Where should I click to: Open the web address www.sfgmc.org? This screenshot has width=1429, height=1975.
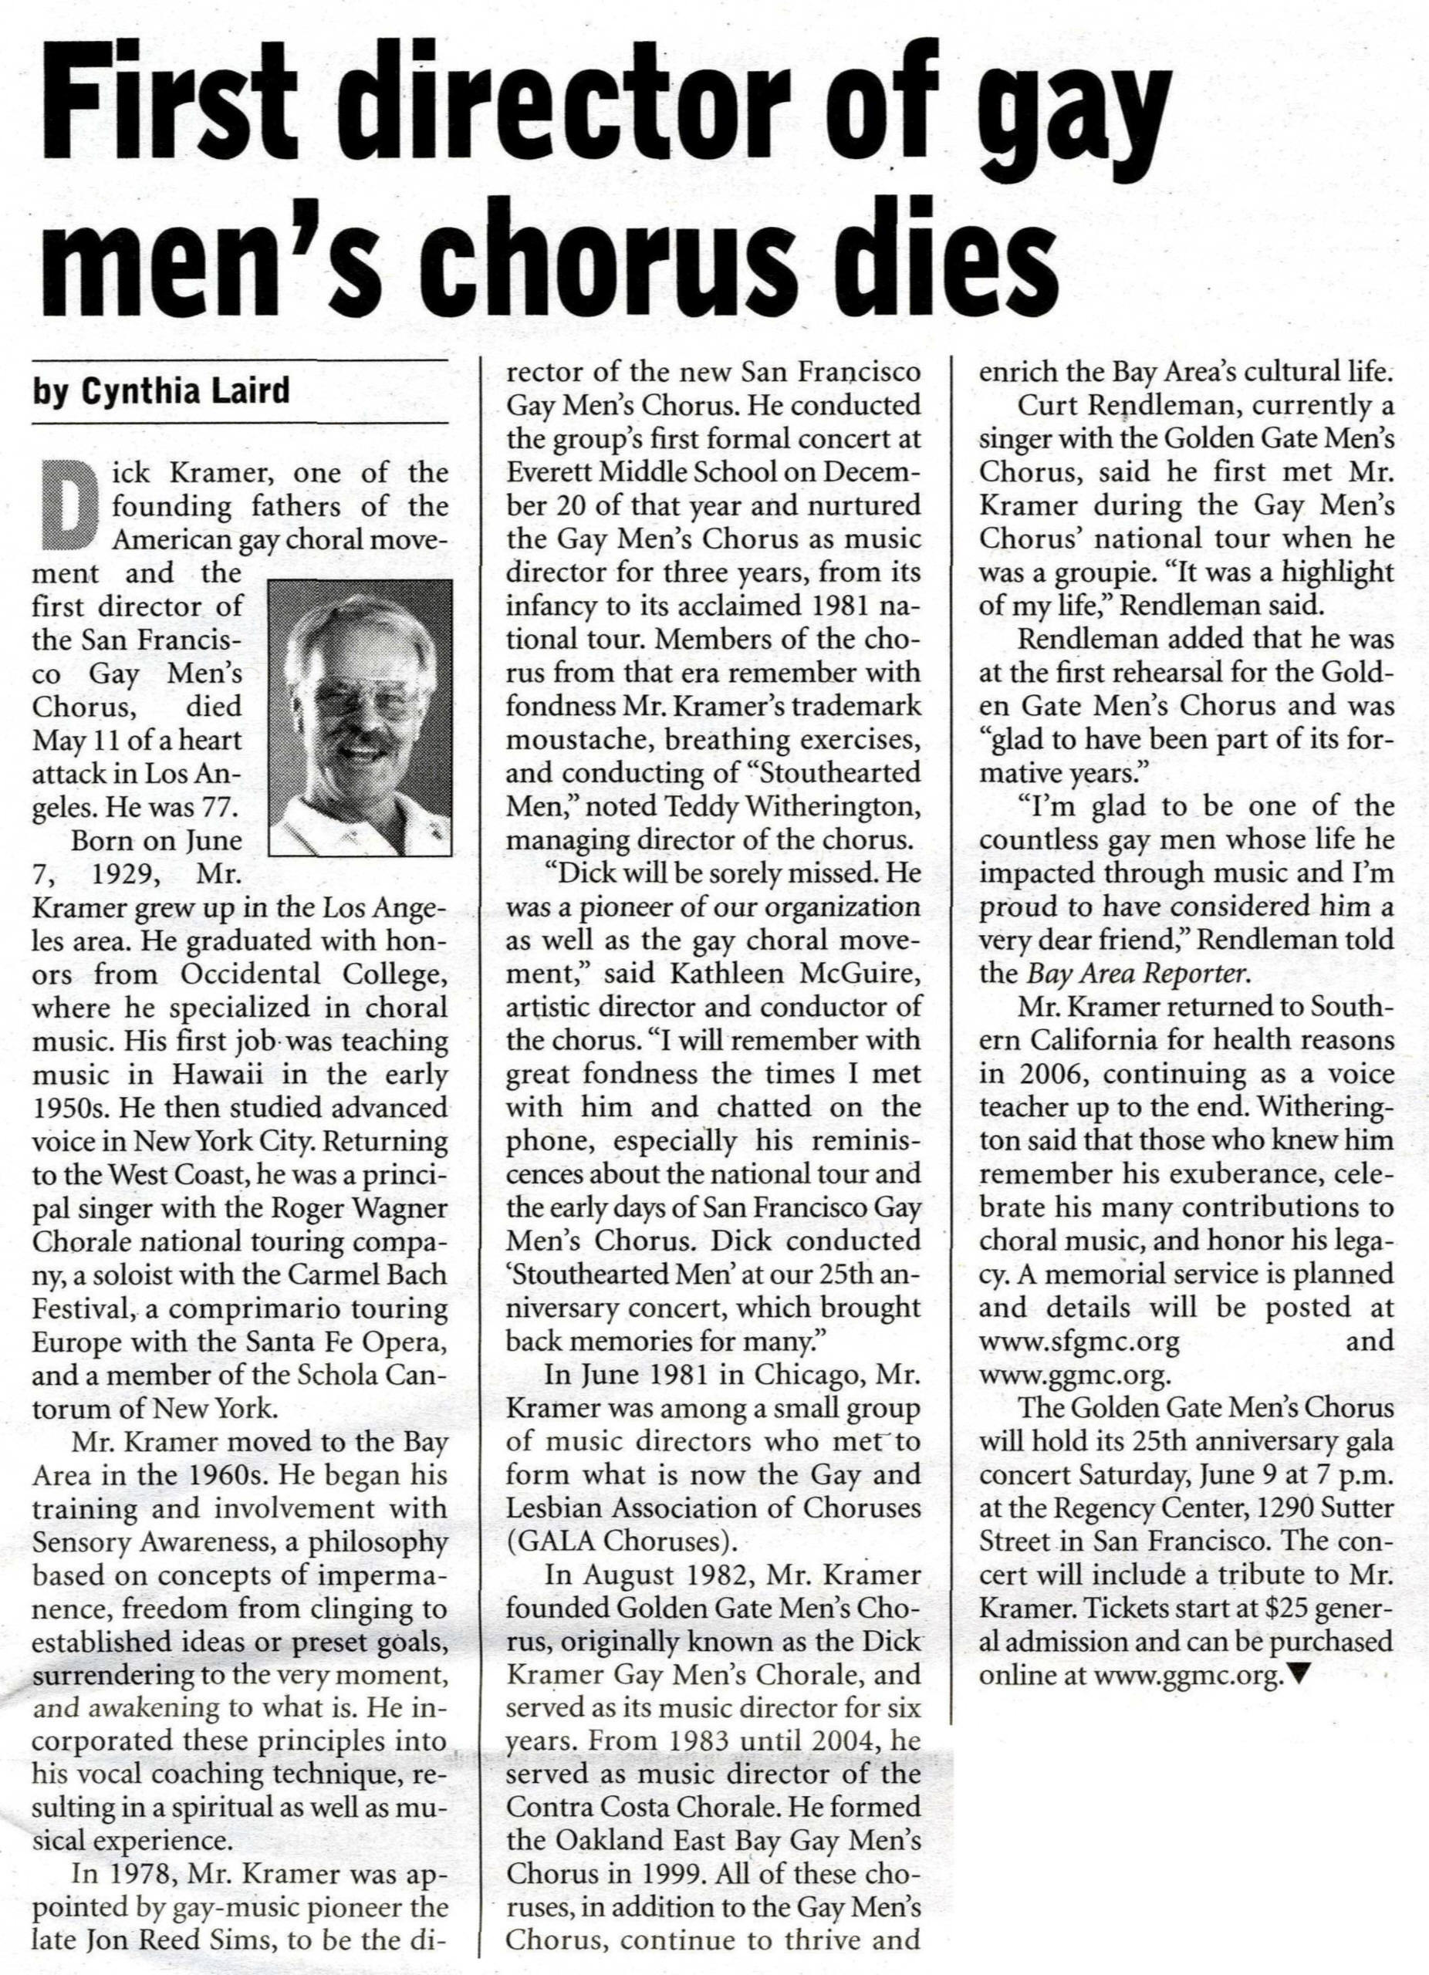click(1079, 1341)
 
